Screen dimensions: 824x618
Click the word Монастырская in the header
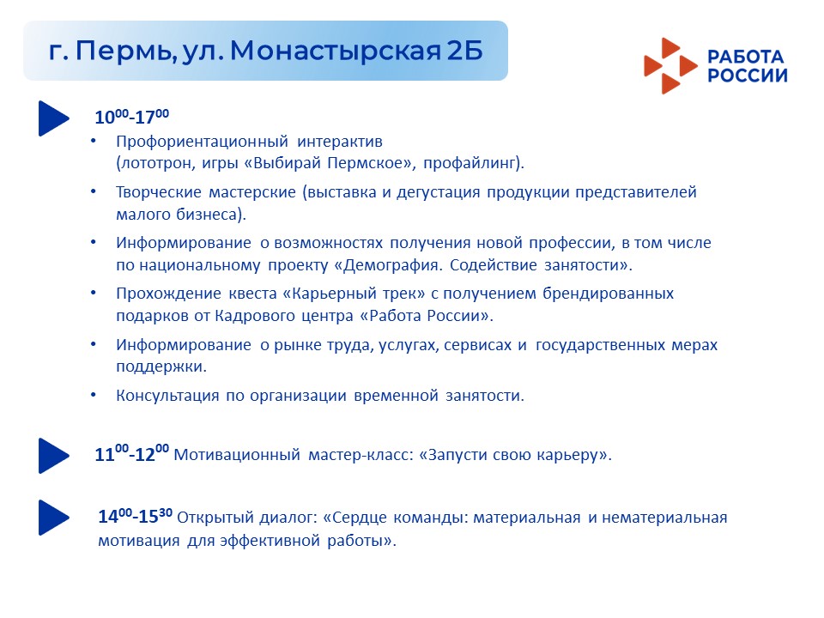336,51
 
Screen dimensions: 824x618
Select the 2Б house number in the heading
465,51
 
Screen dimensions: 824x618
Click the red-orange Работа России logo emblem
670,66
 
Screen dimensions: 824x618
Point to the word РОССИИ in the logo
748,76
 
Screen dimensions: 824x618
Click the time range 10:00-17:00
132,116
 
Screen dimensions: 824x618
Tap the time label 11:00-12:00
132,453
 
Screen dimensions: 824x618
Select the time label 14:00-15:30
136,516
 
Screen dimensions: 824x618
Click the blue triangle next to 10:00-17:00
53,118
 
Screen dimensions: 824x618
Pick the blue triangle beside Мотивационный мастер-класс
53,456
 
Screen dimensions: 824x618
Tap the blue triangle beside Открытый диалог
53,518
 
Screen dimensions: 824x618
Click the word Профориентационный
203,142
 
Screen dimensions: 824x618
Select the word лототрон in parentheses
155,163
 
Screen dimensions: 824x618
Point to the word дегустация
439,192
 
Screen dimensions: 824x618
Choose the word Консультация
167,395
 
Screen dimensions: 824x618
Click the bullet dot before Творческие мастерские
94,191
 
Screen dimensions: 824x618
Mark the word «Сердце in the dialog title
354,518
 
